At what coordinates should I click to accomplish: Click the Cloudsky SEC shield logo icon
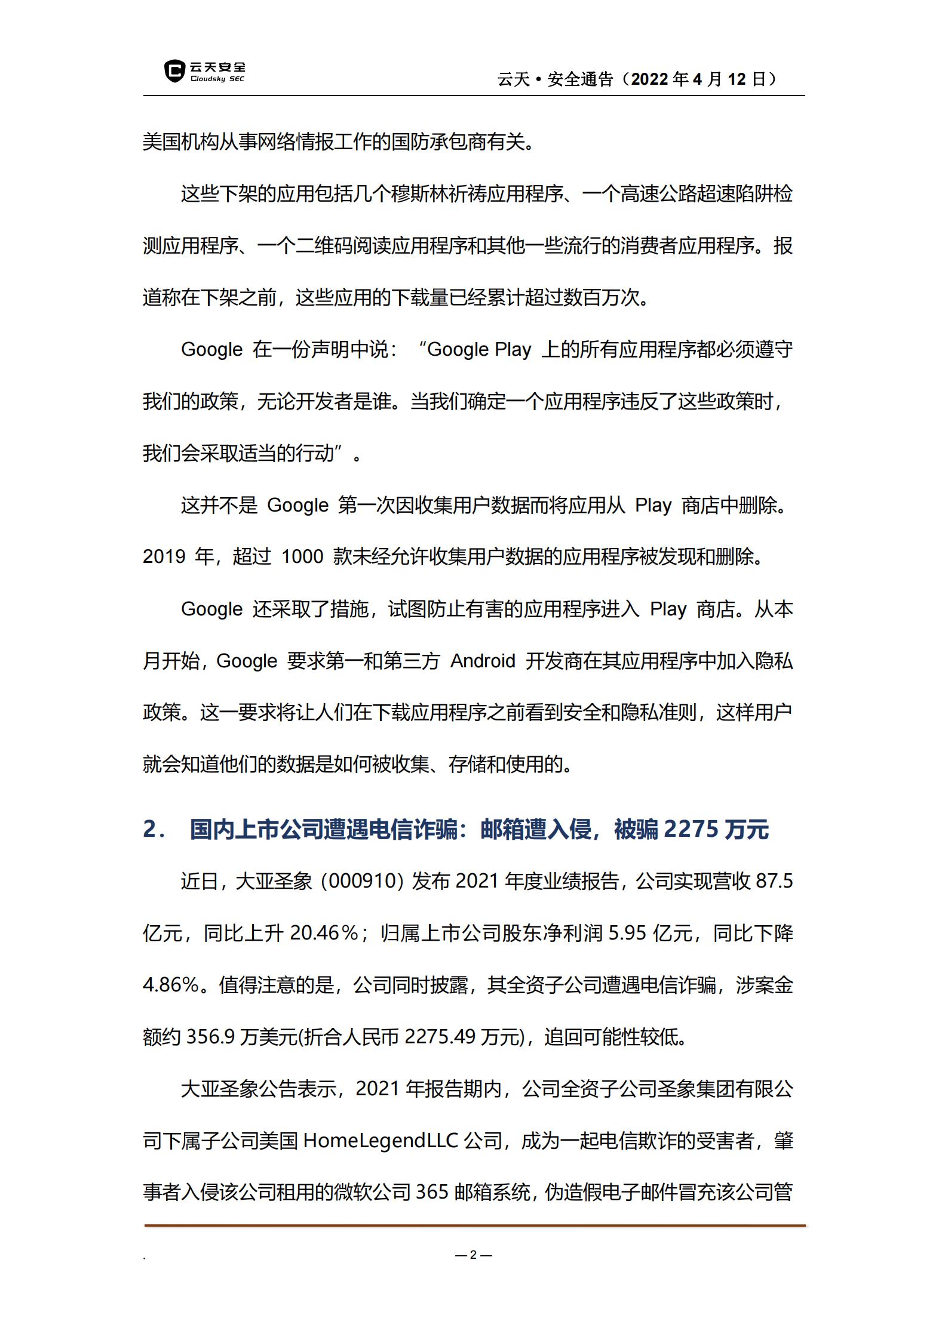tap(174, 71)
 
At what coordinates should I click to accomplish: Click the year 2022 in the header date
tap(649, 79)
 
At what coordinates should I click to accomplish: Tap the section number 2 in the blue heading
tap(150, 830)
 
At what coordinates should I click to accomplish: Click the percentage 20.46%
tap(324, 934)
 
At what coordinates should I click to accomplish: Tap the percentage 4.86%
tap(171, 985)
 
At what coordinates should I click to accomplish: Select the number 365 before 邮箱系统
tap(432, 1193)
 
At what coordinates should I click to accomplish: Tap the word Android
tap(483, 661)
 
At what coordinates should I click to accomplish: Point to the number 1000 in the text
tap(302, 557)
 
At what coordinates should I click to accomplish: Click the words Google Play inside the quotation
tap(479, 350)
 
